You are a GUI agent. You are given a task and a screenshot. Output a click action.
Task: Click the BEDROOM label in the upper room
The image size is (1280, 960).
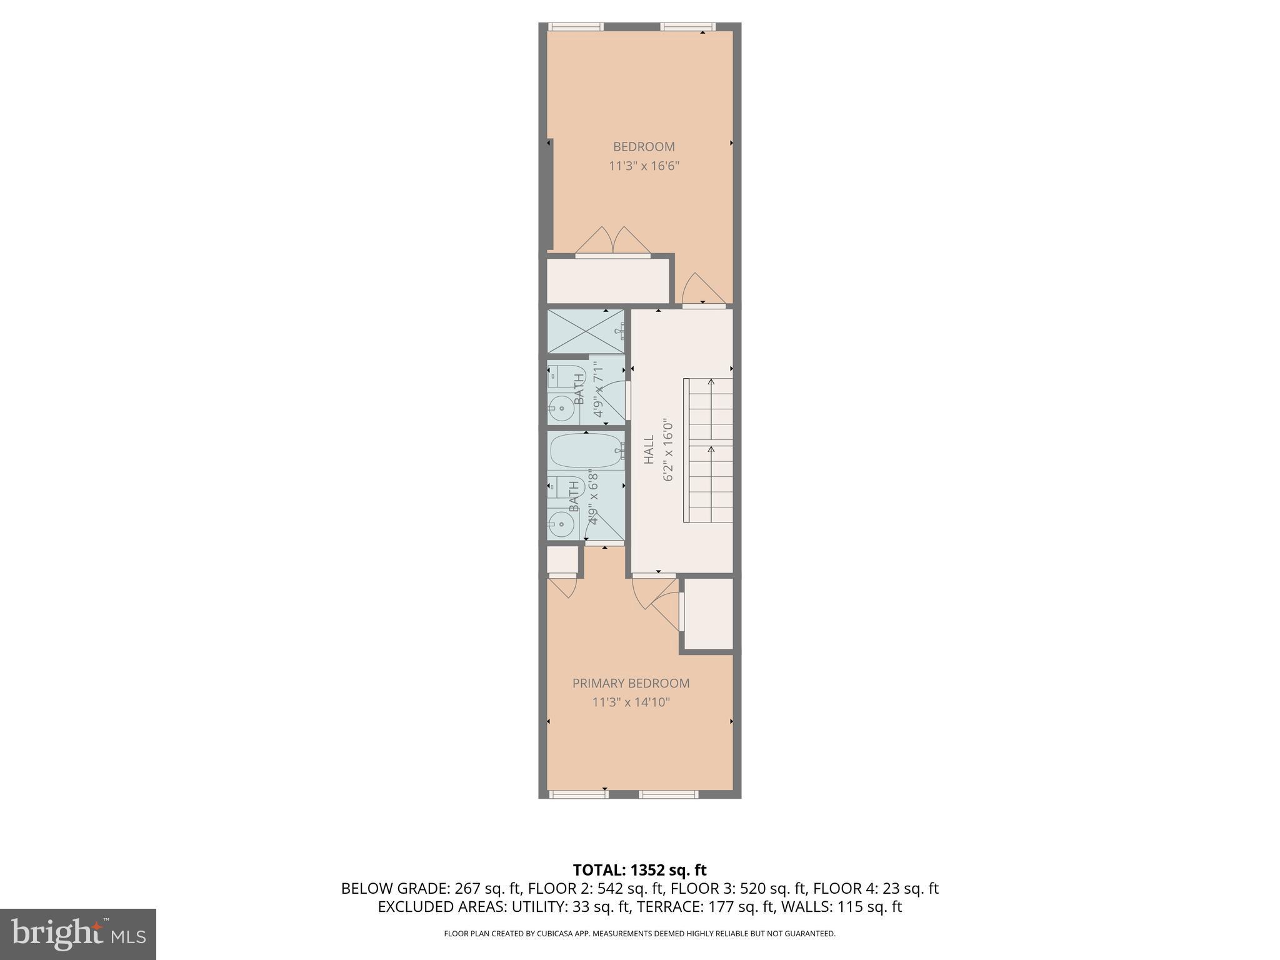click(643, 147)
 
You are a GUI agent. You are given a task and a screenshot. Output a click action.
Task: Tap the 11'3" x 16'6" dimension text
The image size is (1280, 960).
click(643, 166)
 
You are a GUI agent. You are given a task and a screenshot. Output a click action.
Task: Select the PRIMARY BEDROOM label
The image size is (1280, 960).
click(631, 683)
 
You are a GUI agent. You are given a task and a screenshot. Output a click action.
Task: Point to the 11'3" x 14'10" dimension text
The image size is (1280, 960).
click(631, 702)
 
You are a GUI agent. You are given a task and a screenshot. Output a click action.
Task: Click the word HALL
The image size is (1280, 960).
click(649, 449)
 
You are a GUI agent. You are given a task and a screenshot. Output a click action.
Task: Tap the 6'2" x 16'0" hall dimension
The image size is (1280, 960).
click(668, 449)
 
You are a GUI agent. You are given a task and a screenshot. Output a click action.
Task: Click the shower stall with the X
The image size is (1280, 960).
click(585, 331)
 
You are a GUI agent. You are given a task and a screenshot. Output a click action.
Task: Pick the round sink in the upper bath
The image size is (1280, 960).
click(560, 410)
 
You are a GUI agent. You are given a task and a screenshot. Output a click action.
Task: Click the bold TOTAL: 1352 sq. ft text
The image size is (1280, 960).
click(639, 870)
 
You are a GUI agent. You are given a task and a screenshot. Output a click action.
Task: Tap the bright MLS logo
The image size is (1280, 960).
click(77, 934)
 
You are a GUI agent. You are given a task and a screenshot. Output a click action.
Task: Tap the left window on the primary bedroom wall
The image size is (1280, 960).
click(578, 794)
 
